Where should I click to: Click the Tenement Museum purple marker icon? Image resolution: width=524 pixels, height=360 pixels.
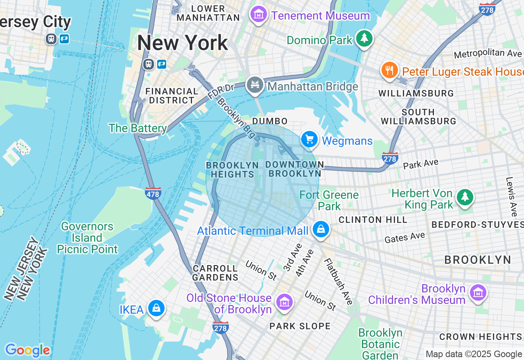coord(258,15)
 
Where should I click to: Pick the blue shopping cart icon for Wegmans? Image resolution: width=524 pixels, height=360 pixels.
coord(309,140)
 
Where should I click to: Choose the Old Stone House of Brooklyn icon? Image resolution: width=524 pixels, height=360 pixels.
coord(285,302)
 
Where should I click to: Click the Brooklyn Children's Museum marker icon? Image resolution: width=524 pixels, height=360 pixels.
coord(478,292)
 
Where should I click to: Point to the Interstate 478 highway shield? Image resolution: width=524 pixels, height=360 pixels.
coord(153,193)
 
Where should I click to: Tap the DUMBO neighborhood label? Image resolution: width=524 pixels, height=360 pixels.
coord(270,121)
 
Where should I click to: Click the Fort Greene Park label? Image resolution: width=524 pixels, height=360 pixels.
coord(329,200)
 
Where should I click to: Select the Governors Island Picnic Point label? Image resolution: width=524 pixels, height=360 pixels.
coord(87,238)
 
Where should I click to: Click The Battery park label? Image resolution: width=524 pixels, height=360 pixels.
coord(138,128)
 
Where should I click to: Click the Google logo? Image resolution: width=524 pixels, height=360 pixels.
coord(27,350)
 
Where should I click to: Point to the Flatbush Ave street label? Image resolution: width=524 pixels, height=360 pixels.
coord(339,281)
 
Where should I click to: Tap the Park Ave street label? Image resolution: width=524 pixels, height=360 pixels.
coord(420,164)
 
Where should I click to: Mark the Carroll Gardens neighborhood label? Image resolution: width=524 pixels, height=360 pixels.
coord(215,273)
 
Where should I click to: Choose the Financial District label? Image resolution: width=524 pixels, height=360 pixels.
coord(172,96)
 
